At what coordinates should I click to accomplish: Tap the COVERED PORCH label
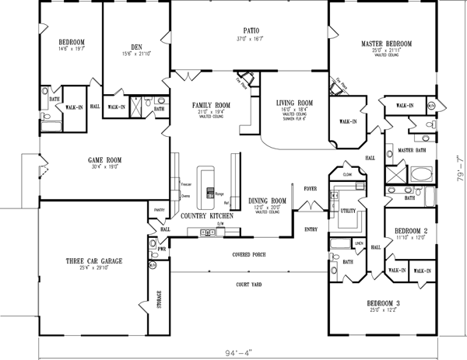[x=248, y=255]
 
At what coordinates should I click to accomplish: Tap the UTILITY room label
[x=347, y=211]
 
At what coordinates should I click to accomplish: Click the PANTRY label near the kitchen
[x=158, y=210]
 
